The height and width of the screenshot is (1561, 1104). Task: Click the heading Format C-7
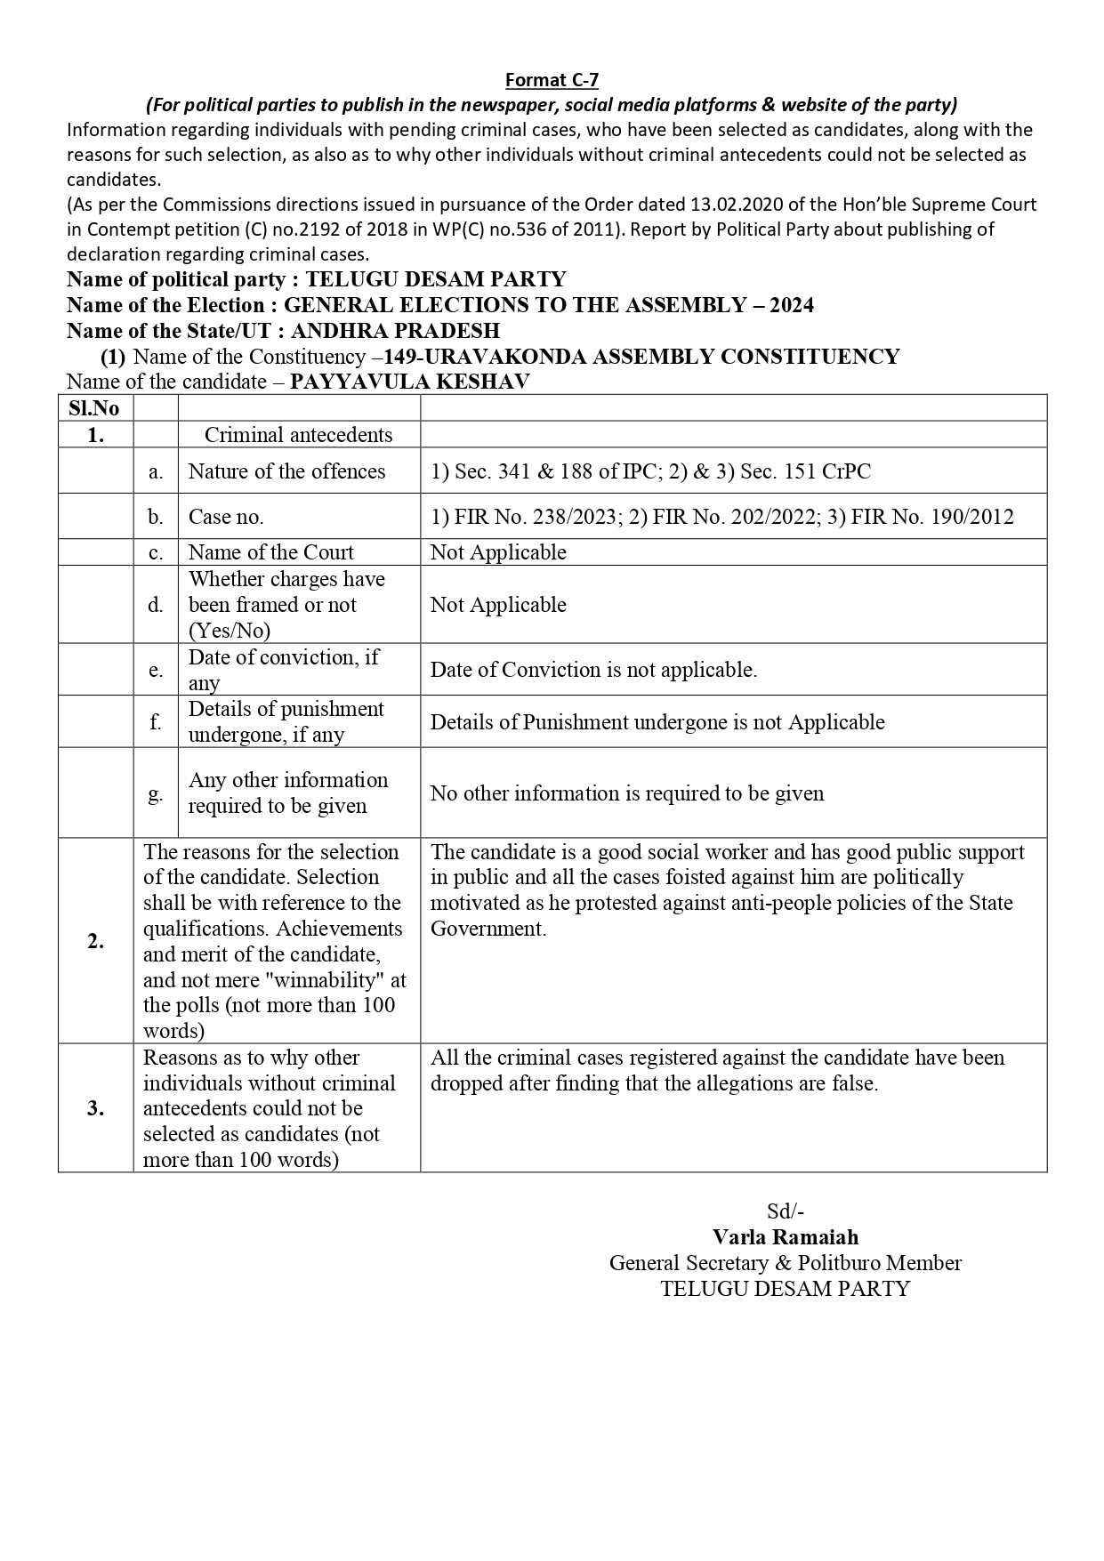(x=552, y=80)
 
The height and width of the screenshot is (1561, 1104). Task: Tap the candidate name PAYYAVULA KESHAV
(x=410, y=382)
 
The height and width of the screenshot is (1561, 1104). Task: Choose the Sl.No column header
(x=94, y=408)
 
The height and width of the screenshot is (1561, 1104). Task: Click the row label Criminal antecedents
(x=298, y=435)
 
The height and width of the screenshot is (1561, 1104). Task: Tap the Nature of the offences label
(x=286, y=471)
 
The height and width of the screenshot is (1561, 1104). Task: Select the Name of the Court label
(x=270, y=552)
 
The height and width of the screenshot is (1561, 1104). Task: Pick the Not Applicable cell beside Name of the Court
(x=498, y=552)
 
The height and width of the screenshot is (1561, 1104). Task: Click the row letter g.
(x=156, y=793)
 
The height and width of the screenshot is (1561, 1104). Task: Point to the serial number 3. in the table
(x=95, y=1108)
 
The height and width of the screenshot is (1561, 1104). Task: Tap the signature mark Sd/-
(x=786, y=1211)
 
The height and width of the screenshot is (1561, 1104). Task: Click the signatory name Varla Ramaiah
(x=786, y=1237)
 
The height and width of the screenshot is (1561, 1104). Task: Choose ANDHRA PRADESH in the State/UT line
(x=395, y=331)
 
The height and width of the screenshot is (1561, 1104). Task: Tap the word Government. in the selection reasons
(x=488, y=929)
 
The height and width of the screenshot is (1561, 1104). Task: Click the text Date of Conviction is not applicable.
(x=593, y=670)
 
